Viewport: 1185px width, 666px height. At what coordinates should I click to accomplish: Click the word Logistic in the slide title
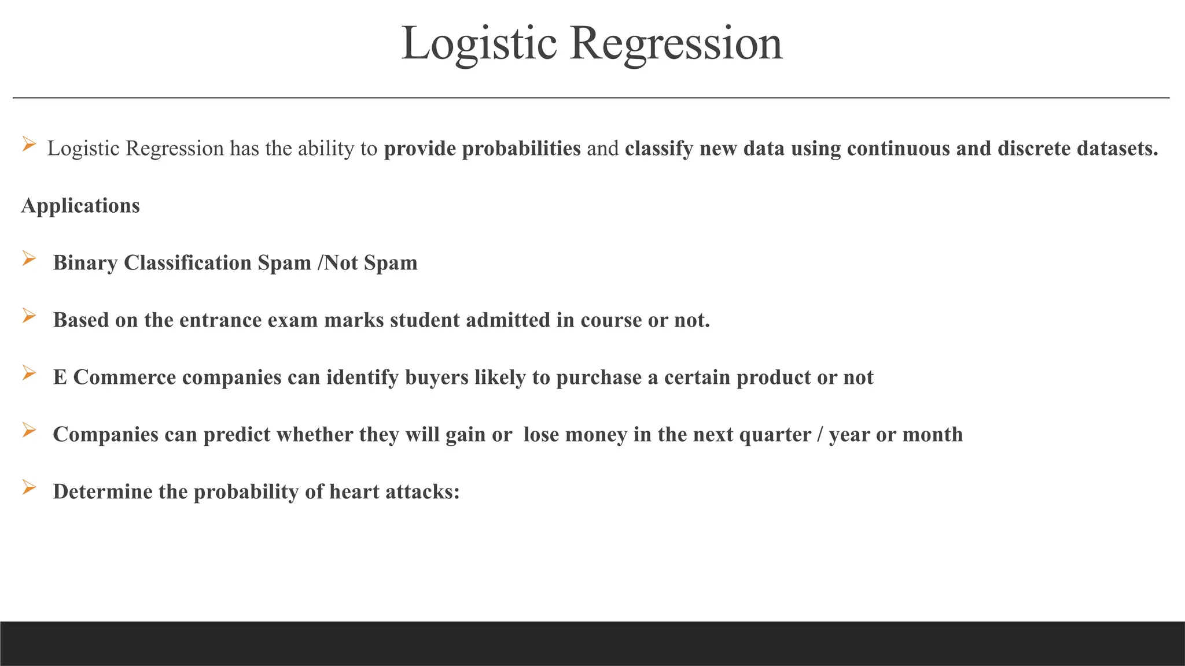pyautogui.click(x=479, y=44)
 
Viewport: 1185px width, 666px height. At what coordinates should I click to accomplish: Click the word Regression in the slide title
pyautogui.click(x=676, y=44)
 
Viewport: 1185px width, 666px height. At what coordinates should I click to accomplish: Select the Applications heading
pyautogui.click(x=80, y=206)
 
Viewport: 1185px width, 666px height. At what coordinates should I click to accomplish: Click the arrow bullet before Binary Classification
pyautogui.click(x=29, y=258)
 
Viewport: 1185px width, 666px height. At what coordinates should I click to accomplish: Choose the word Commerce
pyautogui.click(x=124, y=378)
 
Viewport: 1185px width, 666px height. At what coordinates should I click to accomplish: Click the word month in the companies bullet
pyautogui.click(x=932, y=435)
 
